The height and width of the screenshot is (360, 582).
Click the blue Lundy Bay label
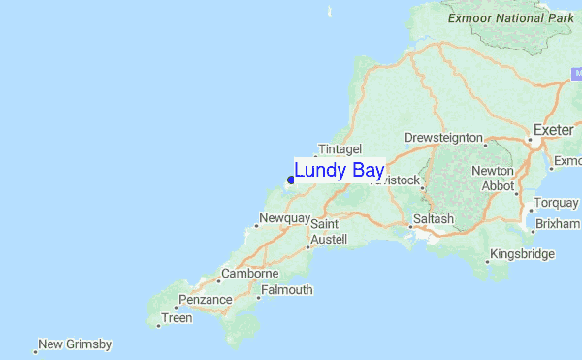point(339,171)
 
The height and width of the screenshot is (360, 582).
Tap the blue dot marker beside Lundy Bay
point(290,180)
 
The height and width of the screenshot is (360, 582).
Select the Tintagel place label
point(339,148)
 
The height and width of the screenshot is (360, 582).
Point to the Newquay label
point(285,218)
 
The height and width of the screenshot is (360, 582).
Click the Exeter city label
point(554,129)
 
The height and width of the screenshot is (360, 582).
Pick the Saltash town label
point(433,219)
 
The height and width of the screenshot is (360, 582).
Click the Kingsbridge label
point(523,254)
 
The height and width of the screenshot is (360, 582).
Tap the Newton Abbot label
point(493,178)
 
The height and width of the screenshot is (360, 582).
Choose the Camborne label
point(250,275)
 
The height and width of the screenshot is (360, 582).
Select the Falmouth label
point(287,289)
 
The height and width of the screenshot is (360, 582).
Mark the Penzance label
point(204,300)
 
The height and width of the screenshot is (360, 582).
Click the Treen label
point(178,317)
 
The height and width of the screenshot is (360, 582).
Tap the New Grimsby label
point(76,344)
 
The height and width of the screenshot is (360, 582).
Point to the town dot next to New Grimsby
point(35,351)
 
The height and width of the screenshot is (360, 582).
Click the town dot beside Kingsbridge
point(487,261)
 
